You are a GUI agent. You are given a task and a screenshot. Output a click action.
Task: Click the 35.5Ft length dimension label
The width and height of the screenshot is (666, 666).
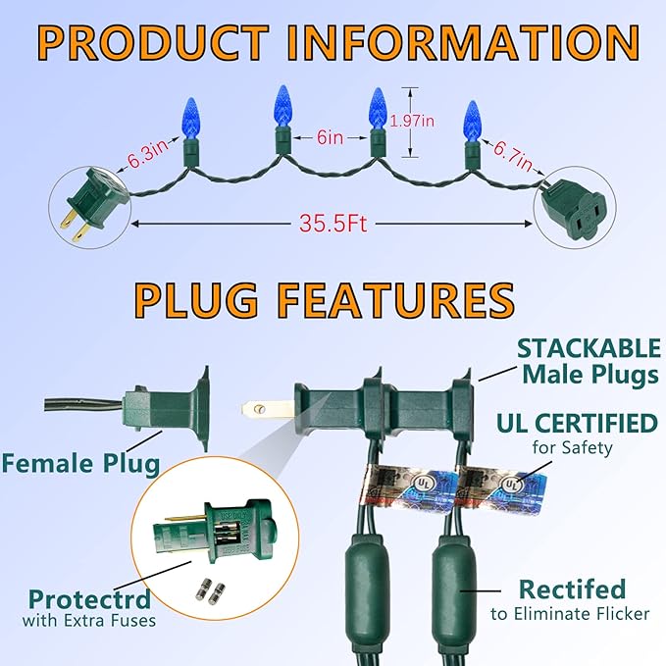333,224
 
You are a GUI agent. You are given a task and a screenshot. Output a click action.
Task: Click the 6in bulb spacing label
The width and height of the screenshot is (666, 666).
330,138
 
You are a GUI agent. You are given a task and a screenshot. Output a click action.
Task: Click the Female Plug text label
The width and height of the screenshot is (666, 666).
78,462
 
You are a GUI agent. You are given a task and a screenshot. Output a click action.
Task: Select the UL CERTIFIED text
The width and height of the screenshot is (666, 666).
576,424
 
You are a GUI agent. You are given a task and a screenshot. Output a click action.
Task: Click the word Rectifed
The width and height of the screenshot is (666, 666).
572,589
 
